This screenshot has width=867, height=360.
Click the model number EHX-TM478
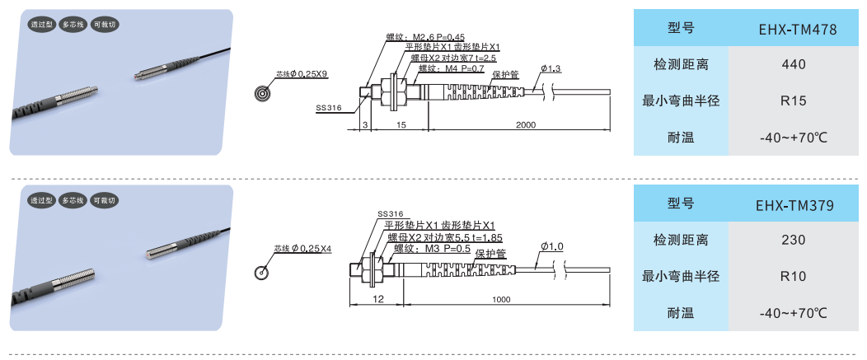click(x=798, y=29)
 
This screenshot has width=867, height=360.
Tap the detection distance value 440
click(x=794, y=65)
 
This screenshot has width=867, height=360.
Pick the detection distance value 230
click(x=794, y=240)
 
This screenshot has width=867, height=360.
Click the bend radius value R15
click(x=794, y=101)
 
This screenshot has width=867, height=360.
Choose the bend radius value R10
click(x=794, y=276)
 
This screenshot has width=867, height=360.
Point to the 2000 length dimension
click(x=526, y=125)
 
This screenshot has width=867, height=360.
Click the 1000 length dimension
click(x=501, y=300)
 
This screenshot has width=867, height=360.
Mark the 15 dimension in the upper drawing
click(x=401, y=125)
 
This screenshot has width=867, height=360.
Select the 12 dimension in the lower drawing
click(x=378, y=299)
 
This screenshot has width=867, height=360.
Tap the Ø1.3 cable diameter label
click(x=551, y=68)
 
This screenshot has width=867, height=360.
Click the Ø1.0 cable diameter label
click(x=552, y=246)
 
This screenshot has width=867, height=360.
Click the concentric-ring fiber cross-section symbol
click(x=262, y=93)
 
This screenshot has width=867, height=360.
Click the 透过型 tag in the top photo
click(x=42, y=25)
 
